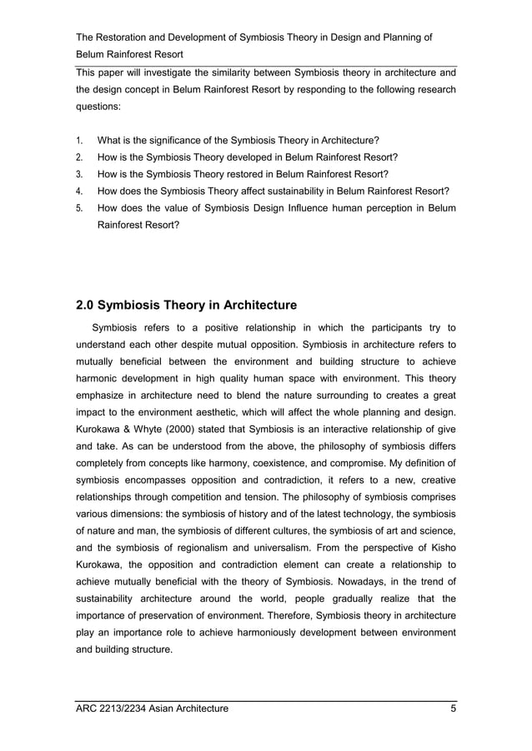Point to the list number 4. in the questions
(x=78, y=190)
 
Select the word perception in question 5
(x=394, y=207)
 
